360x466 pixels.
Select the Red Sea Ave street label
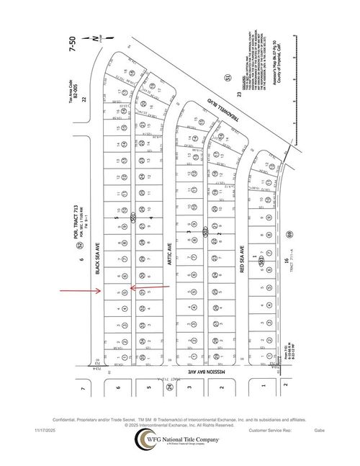[243, 257]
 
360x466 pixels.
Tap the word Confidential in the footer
[63, 419]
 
